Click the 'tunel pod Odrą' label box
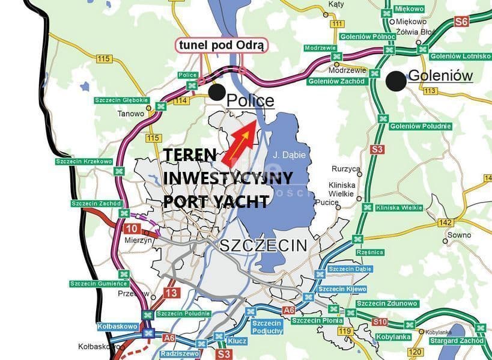pos(221,45)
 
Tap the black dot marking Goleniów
pos(395,81)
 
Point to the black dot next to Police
pos(217,93)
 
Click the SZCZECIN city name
pos(263,245)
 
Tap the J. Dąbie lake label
pos(290,154)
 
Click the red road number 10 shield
pos(133,229)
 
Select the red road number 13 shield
pos(171,293)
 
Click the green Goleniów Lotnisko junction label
pos(461,56)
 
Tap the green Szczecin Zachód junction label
pos(96,204)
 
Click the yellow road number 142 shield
pos(445,222)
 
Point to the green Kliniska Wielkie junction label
pos(399,207)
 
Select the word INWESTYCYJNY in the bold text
pos(228,178)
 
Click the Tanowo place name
pos(131,114)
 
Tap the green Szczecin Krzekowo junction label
pos(84,161)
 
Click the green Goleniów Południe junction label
pos(420,126)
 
